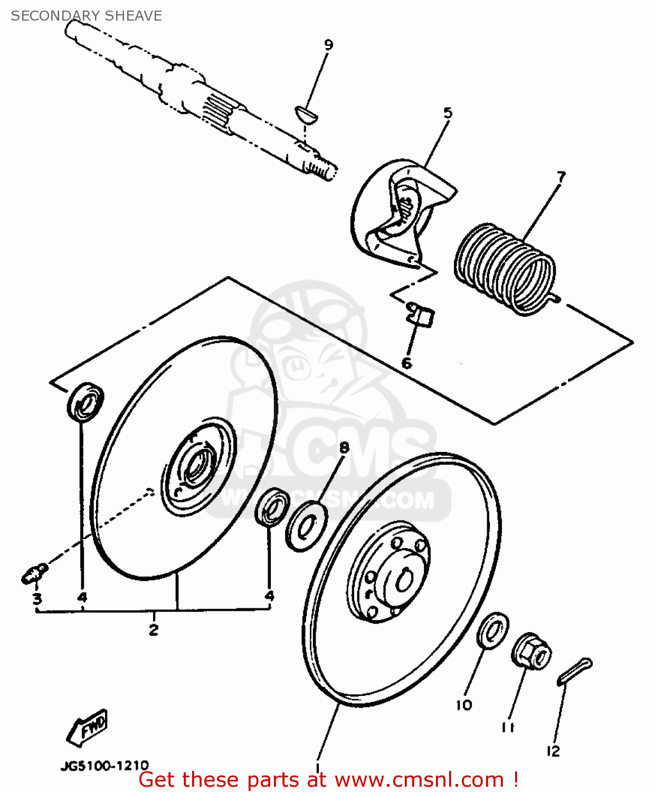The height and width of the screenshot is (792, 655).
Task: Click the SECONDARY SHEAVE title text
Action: tap(86, 16)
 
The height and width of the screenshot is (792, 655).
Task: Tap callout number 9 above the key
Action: tap(328, 45)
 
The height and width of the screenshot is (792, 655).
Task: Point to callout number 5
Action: tap(448, 112)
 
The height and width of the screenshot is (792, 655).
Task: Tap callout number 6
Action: tap(406, 363)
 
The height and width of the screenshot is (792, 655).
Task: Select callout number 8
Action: tap(344, 448)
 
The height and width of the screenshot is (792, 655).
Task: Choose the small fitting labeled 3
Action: tap(35, 573)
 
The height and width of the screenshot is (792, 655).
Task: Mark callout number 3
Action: tap(37, 598)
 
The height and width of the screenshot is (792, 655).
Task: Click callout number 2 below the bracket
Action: tap(154, 629)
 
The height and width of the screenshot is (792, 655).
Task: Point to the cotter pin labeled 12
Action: tap(575, 671)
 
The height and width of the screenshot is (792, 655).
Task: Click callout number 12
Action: tap(553, 751)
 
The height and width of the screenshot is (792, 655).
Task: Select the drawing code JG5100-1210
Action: tap(105, 765)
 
